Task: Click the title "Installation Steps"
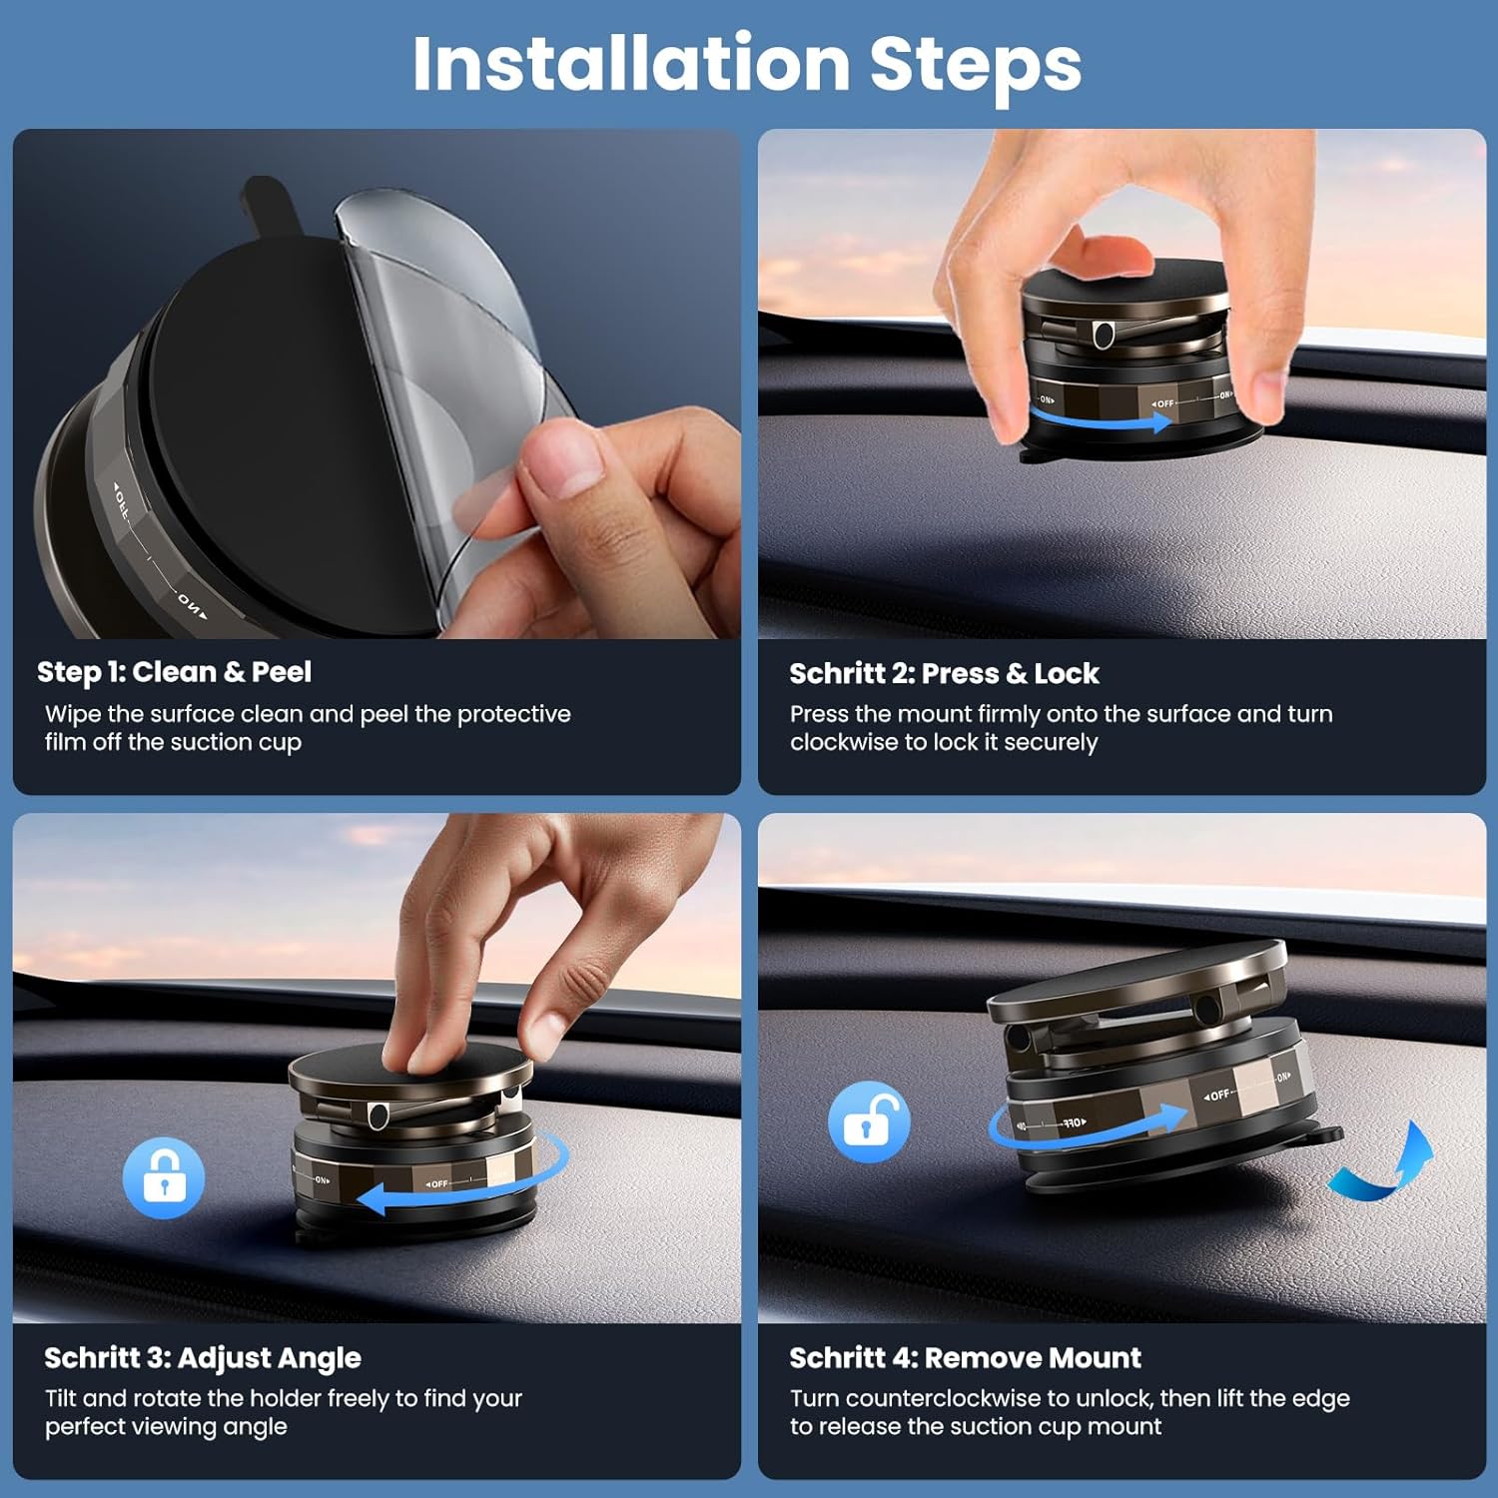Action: tap(747, 64)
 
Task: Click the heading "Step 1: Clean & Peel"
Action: tap(174, 672)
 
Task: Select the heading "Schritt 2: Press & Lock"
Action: tap(944, 674)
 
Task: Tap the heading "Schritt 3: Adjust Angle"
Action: tap(203, 1358)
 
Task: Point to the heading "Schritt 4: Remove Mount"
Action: tap(965, 1358)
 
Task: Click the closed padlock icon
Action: tap(164, 1177)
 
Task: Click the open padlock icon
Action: tap(869, 1122)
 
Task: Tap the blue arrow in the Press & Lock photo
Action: tap(1099, 419)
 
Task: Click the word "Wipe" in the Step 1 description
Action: tap(73, 714)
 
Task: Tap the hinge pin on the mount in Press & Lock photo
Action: tap(1104, 334)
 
